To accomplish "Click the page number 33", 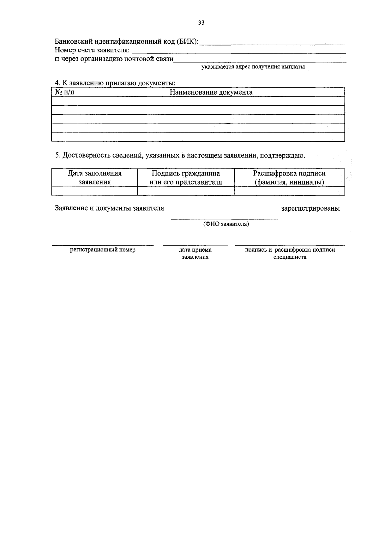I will [201, 22].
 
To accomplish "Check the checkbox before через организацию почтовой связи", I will [57, 59].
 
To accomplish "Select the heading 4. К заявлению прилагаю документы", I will [115, 83].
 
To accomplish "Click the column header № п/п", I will [64, 92].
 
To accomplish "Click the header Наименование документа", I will [211, 92].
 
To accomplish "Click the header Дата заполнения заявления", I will [94, 178].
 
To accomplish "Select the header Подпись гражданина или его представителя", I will [186, 178].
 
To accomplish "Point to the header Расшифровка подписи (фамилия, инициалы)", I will [289, 178].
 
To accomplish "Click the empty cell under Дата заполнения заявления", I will [94, 191].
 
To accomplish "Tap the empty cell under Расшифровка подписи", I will [289, 191].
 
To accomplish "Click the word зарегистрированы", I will [310, 208].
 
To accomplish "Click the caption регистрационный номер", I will [103, 250].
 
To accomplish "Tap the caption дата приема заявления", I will [195, 253].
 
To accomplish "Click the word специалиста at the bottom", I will [290, 257].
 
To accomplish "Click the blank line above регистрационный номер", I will [103, 245].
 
